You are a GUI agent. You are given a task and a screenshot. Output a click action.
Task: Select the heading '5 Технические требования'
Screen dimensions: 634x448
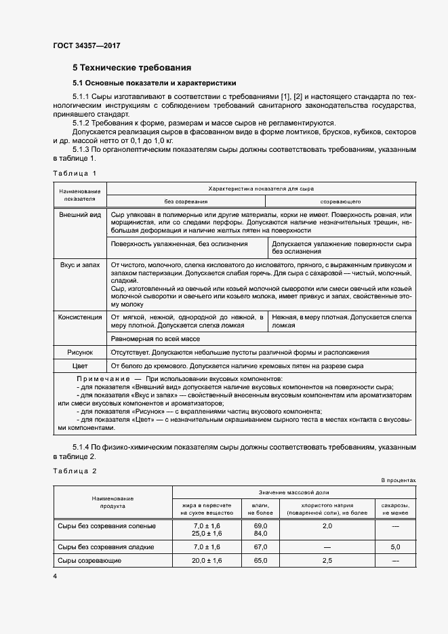131,68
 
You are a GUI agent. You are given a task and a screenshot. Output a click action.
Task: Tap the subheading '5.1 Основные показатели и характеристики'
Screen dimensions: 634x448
154,83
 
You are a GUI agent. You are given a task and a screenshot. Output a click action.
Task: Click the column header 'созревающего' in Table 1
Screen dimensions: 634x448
340,201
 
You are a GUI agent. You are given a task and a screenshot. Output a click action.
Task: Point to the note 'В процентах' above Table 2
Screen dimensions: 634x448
398,480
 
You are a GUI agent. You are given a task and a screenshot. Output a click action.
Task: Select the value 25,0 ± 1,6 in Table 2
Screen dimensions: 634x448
207,534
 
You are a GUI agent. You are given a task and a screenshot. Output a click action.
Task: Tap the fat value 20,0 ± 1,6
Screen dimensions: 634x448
207,561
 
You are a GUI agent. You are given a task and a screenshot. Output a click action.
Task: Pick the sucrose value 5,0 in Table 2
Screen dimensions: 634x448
395,547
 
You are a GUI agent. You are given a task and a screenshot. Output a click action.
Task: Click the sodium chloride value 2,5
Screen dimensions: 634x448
327,561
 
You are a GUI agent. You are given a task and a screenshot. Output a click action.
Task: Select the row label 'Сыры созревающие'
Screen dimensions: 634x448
89,561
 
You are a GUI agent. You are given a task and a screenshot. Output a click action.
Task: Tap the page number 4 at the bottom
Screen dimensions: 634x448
55,576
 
